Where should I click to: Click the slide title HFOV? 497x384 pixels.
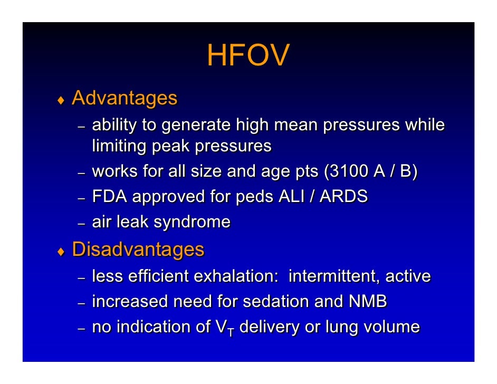click(247, 55)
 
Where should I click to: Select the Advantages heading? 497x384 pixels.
click(125, 98)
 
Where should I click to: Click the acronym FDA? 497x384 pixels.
click(110, 197)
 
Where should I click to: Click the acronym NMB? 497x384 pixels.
click(368, 302)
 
